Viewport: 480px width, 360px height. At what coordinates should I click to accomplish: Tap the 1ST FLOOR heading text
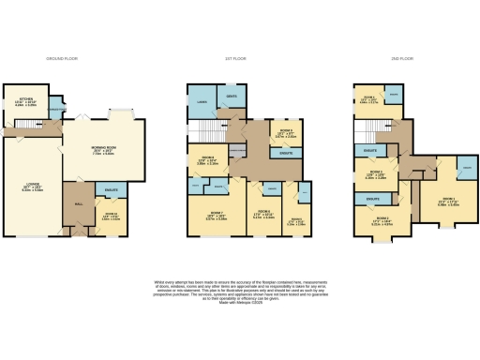[x=235, y=59]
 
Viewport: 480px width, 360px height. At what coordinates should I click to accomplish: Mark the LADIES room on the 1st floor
[x=202, y=103]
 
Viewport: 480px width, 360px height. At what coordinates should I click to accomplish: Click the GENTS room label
[x=232, y=96]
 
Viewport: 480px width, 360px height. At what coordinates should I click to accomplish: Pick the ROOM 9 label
[x=281, y=133]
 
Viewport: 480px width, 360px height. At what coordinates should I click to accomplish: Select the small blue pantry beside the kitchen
[x=58, y=102]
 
